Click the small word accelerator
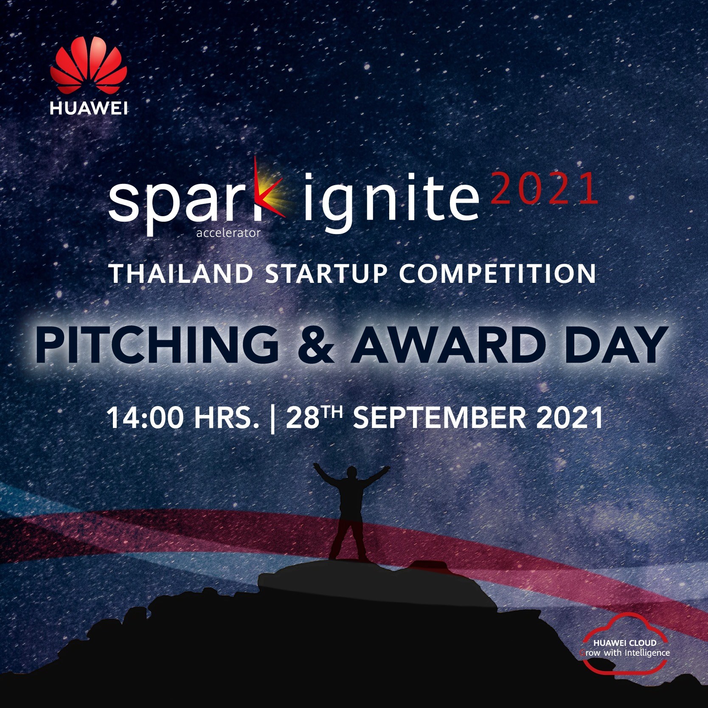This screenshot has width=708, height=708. click(x=228, y=233)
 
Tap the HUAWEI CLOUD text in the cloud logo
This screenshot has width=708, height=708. click(x=625, y=643)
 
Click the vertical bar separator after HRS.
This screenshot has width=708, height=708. click(x=272, y=418)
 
